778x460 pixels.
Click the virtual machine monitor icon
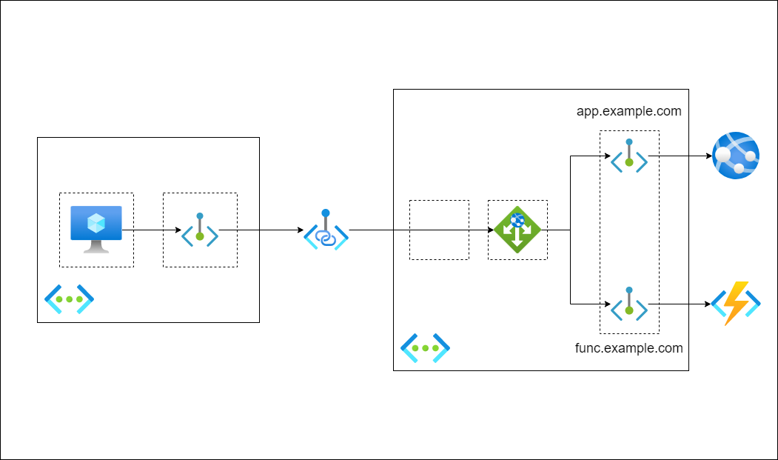(96, 229)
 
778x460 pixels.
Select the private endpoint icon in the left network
(200, 231)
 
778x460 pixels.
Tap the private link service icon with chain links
(326, 230)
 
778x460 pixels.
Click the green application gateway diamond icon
(517, 230)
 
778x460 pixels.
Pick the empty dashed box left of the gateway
(439, 230)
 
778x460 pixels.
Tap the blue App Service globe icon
(736, 156)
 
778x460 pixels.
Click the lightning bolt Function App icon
(736, 304)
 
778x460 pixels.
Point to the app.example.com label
(628, 112)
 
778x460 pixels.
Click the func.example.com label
(628, 348)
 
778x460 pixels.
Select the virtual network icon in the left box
(69, 299)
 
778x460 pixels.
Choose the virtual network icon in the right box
(425, 347)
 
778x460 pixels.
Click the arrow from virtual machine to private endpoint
(152, 230)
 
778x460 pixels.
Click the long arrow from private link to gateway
(418, 230)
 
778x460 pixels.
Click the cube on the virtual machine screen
(96, 222)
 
